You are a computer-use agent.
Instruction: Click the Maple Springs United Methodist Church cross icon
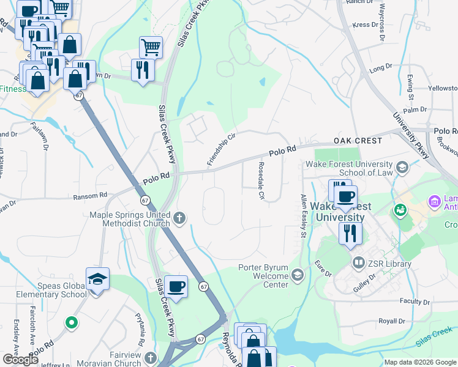180,218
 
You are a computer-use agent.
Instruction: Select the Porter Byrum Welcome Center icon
298,275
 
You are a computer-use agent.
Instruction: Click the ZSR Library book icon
359,262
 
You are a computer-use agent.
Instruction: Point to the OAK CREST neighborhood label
358,141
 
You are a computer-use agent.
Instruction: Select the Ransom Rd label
90,195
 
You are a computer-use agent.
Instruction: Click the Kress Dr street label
366,25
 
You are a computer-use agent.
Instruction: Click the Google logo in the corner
20,360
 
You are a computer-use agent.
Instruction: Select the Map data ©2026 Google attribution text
420,362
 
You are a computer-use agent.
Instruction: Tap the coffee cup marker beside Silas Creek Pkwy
176,286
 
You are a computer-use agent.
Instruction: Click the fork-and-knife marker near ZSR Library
350,233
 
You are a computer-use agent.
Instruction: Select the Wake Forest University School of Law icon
402,167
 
